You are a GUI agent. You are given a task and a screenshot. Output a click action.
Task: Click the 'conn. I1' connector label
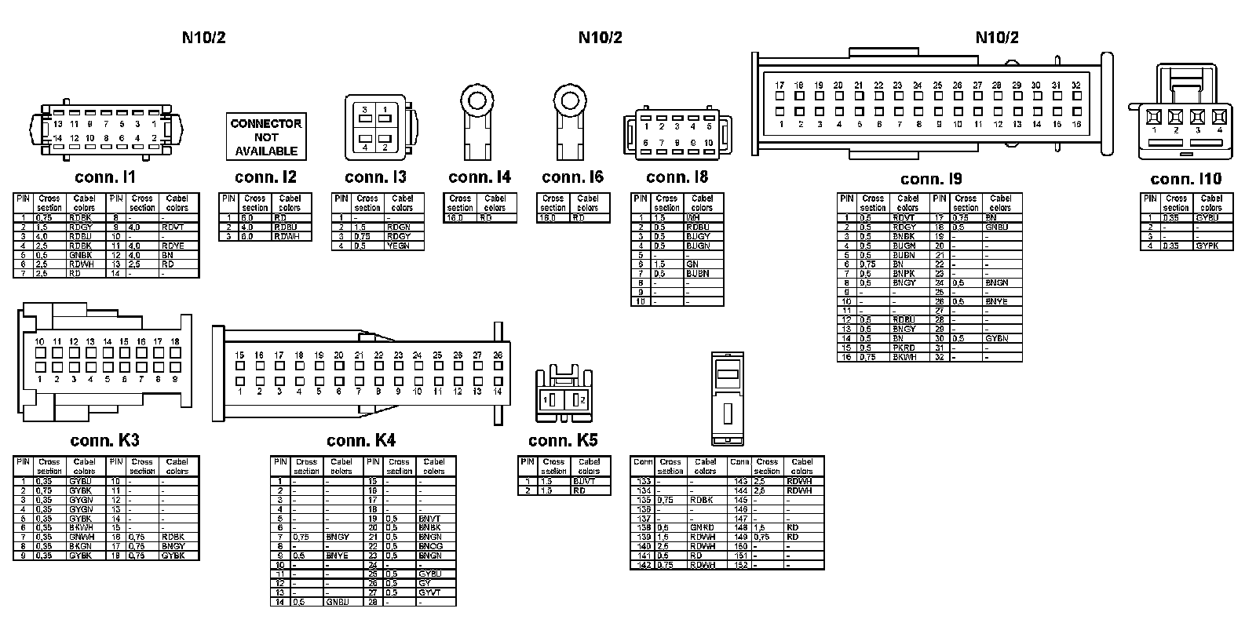tap(105, 178)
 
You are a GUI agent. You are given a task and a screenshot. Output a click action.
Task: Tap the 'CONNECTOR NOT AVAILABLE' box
tap(266, 137)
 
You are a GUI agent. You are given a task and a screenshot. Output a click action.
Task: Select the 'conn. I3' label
tap(375, 177)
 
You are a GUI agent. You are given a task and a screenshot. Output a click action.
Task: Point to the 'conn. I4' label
tap(480, 177)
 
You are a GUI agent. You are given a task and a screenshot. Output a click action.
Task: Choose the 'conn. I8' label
tap(677, 177)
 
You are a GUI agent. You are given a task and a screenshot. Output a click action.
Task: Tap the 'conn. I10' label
tap(1185, 180)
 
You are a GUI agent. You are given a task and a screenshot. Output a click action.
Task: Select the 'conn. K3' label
tap(104, 441)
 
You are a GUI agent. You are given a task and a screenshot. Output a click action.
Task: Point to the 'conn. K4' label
tap(361, 441)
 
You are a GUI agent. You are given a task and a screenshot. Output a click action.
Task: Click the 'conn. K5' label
tap(563, 441)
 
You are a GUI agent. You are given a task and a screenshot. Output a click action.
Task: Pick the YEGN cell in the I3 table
tap(398, 246)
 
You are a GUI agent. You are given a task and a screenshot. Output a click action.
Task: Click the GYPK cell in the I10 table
tap(1207, 246)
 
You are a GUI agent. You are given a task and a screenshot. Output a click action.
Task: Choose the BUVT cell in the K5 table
tap(585, 481)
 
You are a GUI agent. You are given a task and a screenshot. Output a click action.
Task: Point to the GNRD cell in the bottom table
tap(703, 527)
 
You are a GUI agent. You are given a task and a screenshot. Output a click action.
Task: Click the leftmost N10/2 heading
tap(204, 38)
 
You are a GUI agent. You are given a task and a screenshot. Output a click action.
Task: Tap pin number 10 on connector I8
tap(708, 143)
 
